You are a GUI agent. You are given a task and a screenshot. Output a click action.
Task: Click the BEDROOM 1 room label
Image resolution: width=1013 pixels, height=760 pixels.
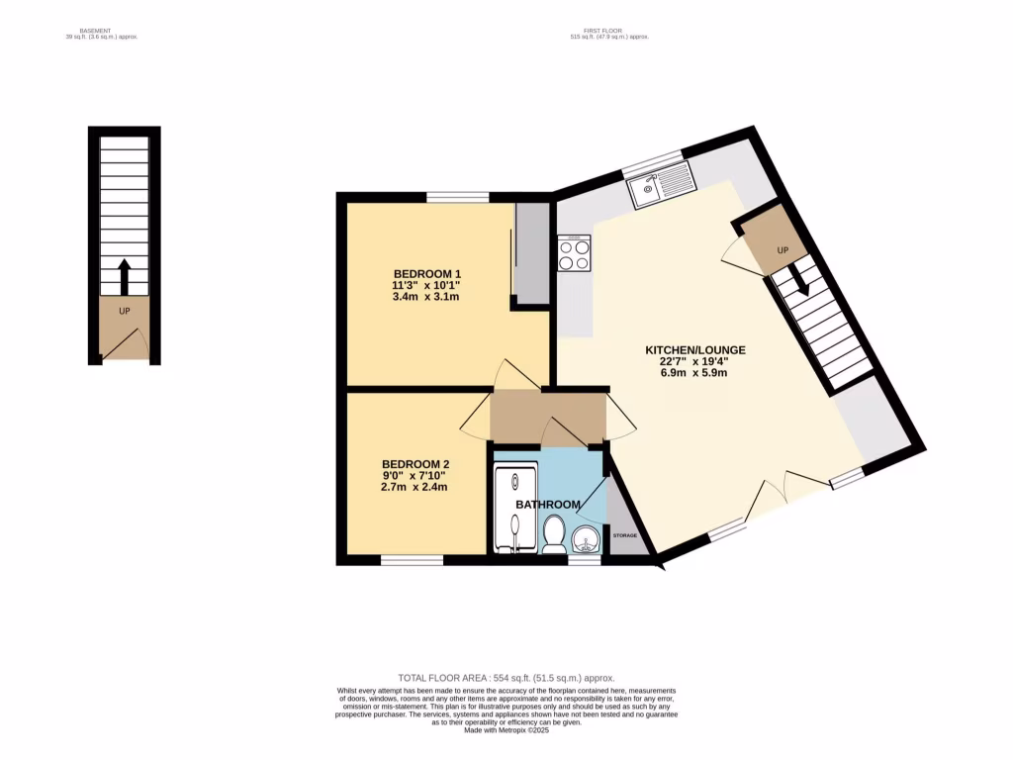click(427, 274)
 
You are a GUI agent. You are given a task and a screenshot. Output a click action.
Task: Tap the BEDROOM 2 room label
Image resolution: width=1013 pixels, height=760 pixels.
click(415, 464)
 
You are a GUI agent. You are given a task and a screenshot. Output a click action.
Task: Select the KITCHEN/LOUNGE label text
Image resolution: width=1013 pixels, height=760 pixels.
click(694, 350)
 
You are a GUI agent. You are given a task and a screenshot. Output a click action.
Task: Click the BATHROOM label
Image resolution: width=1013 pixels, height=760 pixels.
click(547, 505)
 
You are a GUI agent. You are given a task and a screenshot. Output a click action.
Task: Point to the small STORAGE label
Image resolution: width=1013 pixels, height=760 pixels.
click(624, 535)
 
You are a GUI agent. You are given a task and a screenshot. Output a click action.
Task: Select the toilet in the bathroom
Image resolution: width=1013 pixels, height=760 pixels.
click(554, 538)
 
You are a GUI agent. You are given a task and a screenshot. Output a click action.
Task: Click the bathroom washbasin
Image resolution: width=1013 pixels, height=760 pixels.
click(587, 541)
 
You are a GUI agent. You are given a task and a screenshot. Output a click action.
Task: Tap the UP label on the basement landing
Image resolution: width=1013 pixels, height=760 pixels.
click(125, 311)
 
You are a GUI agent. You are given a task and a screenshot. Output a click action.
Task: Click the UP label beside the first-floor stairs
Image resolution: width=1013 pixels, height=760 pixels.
click(782, 250)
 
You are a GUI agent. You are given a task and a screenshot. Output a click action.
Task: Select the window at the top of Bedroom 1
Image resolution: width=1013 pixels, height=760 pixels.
click(457, 197)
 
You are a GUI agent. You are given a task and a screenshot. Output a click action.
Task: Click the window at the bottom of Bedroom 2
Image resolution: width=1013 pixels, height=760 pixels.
click(412, 560)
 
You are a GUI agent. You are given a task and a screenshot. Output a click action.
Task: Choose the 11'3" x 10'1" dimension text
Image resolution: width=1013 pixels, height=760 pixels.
click(427, 285)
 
